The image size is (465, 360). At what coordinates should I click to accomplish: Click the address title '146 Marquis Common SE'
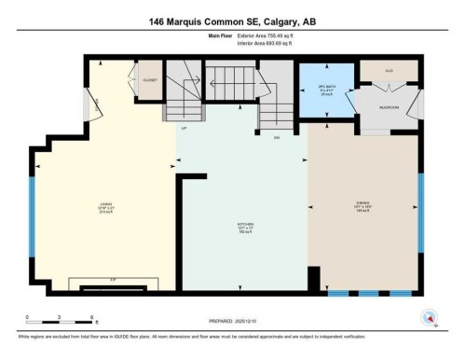tap(232, 20)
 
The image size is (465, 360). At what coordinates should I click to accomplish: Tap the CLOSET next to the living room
tap(150, 80)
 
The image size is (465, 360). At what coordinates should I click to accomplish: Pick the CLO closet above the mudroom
tap(389, 71)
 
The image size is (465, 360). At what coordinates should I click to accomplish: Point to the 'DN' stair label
tap(276, 136)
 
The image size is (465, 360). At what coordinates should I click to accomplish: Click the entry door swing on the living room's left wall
tap(91, 108)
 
